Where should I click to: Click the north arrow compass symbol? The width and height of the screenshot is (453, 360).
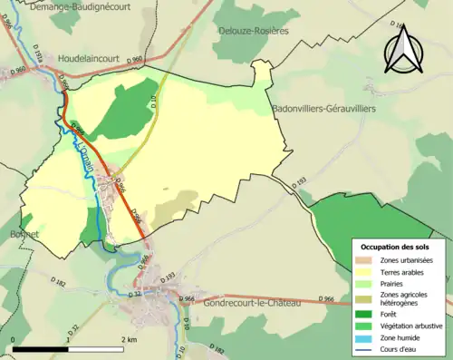pos(403,52)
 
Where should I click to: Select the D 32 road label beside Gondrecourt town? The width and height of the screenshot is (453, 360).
pos(137,292)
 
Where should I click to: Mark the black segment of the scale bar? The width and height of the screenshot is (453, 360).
pos(41,348)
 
